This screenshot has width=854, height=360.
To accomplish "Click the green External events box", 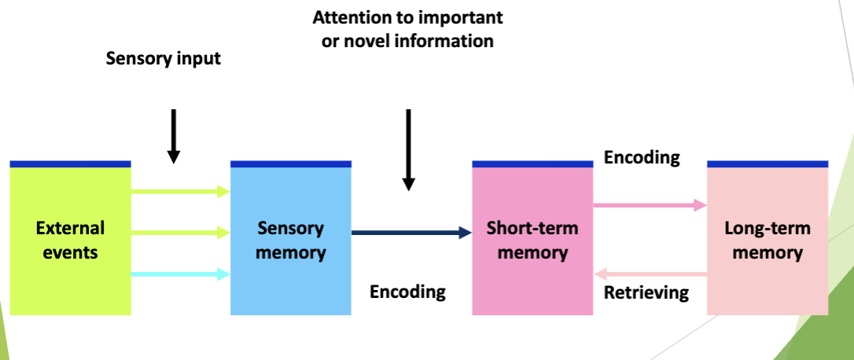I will click(70, 240).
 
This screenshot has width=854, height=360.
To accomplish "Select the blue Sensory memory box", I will click(290, 240).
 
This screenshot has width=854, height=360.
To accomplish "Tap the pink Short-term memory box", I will click(532, 240).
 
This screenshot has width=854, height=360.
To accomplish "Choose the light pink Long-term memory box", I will click(767, 240).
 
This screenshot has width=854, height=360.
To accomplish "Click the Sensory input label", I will click(164, 59).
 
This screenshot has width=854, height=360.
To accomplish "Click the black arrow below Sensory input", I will click(174, 136).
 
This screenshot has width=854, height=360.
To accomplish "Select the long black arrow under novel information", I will click(408, 149).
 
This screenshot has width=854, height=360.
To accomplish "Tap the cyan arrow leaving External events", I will click(180, 274).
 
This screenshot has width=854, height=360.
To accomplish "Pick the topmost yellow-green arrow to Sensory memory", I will click(180, 190).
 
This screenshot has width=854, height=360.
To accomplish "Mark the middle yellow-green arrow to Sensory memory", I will click(180, 233).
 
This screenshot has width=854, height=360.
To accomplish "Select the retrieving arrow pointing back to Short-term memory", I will click(650, 274).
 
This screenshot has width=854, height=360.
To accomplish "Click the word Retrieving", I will click(646, 293).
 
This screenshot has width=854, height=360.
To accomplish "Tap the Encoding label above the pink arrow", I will click(642, 157).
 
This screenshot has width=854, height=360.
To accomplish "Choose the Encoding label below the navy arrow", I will click(407, 292).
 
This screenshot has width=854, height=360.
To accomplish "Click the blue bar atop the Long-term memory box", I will click(767, 163).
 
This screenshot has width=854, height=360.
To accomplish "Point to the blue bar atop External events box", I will click(70, 163).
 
